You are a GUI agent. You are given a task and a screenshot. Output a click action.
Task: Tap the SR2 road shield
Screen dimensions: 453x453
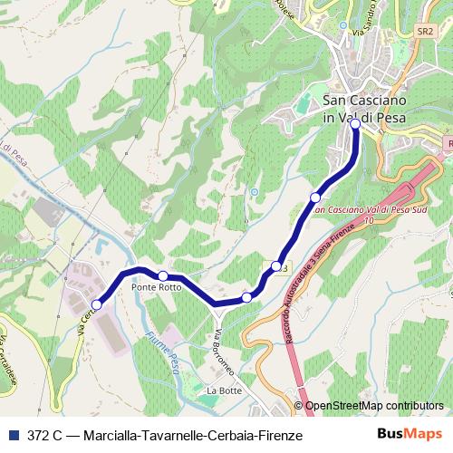(x=424, y=31)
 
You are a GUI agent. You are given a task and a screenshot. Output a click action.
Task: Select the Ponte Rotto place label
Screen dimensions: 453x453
(x=156, y=287)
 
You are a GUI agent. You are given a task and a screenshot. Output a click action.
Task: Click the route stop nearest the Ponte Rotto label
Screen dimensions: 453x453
(x=162, y=275)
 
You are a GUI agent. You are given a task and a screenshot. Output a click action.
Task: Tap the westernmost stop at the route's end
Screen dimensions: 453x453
(x=97, y=304)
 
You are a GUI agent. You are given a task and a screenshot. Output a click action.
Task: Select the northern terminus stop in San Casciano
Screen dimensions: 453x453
(x=355, y=127)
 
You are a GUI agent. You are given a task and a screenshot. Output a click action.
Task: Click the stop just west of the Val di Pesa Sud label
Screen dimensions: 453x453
(x=315, y=198)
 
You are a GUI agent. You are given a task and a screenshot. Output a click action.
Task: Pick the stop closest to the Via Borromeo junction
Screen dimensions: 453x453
(x=246, y=297)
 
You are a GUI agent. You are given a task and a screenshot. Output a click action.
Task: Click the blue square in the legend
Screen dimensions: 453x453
(x=16, y=435)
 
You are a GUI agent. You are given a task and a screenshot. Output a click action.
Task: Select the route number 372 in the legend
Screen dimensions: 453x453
(x=40, y=435)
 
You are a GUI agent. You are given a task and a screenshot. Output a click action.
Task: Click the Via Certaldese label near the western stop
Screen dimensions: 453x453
(x=84, y=322)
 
